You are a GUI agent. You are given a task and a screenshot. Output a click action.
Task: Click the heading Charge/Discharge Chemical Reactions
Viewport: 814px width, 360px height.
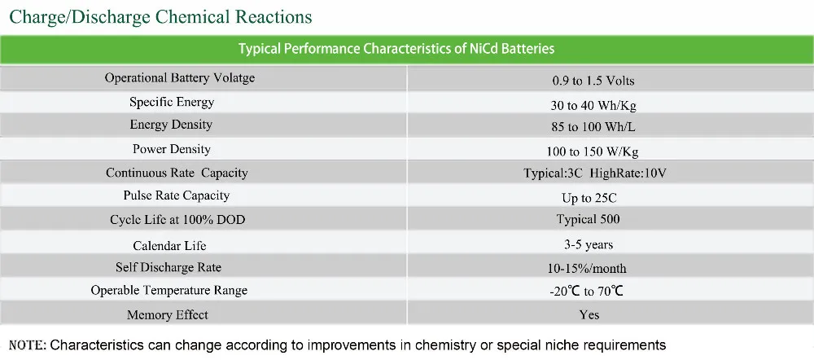click(160, 16)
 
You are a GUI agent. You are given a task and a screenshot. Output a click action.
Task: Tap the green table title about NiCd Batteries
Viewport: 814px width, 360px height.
click(396, 49)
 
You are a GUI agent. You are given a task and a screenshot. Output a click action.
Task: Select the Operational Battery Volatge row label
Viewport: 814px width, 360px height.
click(180, 78)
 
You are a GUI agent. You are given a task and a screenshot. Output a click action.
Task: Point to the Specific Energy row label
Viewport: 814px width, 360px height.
click(172, 102)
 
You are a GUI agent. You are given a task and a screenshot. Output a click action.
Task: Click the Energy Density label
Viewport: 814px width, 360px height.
click(171, 125)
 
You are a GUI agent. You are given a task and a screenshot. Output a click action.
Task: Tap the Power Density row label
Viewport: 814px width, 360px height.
click(171, 149)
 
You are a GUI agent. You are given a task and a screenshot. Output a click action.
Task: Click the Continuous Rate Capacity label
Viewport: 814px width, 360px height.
click(177, 173)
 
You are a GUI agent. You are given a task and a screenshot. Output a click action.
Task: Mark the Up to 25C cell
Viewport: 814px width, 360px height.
click(588, 198)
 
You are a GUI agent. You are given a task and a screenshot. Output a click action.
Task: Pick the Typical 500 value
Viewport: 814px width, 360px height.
click(589, 219)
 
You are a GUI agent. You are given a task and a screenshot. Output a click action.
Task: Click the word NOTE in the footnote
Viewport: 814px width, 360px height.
click(27, 345)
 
